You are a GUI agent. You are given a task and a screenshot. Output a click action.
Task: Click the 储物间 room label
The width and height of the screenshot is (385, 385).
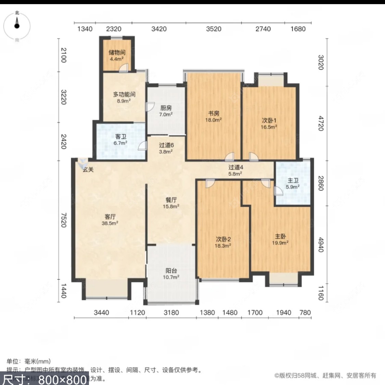coord(117,52)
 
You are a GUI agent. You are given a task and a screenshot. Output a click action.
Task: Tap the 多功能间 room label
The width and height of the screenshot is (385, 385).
coord(124,94)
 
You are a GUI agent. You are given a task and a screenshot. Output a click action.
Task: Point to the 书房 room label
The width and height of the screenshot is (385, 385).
coord(214,113)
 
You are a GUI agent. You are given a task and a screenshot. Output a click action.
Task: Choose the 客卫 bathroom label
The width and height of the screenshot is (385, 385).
coord(120,137)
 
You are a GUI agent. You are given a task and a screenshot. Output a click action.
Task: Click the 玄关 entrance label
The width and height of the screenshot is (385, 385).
coord(88,169)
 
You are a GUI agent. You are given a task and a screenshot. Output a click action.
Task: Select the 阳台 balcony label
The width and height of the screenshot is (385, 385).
coord(171,270)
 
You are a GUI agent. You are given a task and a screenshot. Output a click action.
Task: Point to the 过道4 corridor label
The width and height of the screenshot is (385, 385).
coord(236,167)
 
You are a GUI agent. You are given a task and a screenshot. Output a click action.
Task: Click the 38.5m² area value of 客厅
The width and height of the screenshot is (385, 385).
coord(110,223)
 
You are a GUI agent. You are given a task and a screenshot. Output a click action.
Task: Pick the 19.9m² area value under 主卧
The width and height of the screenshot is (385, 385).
coord(280,243)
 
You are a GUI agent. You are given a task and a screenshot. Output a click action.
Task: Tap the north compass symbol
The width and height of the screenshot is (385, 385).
coord(17,26)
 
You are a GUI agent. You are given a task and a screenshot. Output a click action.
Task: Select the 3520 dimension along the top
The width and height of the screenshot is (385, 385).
coord(214,29)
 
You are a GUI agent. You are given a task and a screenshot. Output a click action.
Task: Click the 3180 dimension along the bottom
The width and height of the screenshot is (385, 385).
coord(171,312)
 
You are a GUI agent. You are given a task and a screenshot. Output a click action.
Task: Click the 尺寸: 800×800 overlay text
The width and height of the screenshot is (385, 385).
coord(44,379)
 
